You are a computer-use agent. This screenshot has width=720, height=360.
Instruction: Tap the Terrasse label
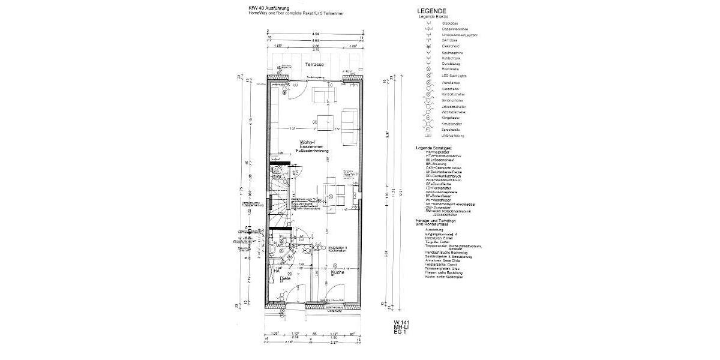coord(314,64)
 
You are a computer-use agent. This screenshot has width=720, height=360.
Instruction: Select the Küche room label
coord(337,272)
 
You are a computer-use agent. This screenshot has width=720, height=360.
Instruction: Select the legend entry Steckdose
coord(451,23)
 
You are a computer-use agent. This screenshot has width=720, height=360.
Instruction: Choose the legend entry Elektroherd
coord(451,46)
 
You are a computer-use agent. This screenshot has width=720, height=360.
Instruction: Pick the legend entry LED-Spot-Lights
coord(454,76)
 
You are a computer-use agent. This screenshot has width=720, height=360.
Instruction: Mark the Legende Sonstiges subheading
coord(434,147)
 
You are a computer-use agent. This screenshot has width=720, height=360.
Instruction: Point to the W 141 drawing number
coord(401,323)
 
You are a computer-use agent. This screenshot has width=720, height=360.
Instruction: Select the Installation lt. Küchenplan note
coord(340,249)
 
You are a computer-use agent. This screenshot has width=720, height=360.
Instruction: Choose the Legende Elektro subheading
coord(434,17)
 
